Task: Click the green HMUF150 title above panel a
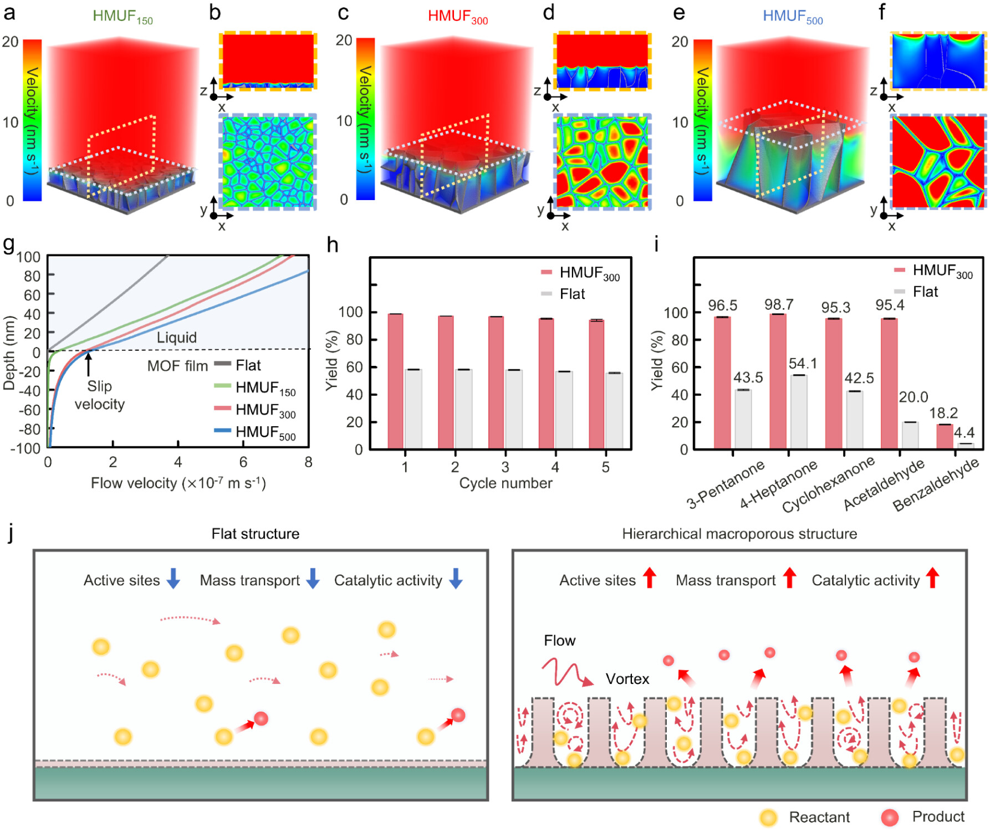click(x=123, y=17)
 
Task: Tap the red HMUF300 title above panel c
click(x=458, y=17)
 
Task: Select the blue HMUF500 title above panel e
click(x=793, y=17)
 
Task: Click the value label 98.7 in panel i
click(x=779, y=304)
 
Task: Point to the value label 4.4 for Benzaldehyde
click(x=964, y=432)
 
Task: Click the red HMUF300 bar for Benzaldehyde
click(x=945, y=436)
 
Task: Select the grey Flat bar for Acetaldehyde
click(x=910, y=435)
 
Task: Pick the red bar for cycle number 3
click(x=496, y=382)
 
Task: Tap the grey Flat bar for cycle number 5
click(x=614, y=411)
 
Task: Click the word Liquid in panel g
click(x=176, y=337)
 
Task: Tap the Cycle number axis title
click(x=506, y=483)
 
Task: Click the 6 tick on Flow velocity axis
click(x=243, y=462)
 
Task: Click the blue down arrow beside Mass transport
click(x=313, y=578)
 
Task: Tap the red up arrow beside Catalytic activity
click(x=933, y=578)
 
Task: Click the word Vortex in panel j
click(x=627, y=678)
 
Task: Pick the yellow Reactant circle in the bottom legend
click(x=768, y=817)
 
